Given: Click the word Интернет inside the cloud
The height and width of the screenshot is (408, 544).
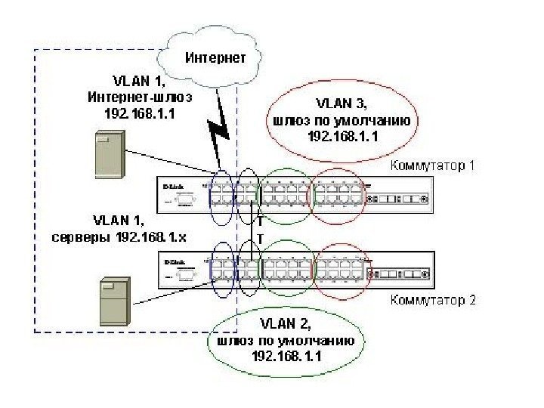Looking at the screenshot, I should [x=215, y=57].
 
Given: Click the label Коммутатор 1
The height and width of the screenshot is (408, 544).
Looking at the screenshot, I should [x=433, y=165].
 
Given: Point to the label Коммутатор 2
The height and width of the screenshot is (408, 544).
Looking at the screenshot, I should [x=433, y=300].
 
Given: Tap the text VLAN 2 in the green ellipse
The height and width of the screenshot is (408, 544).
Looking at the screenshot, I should [x=286, y=323].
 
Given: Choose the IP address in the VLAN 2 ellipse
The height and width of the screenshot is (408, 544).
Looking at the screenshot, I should [x=286, y=356].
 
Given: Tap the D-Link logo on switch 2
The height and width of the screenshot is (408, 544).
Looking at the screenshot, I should [x=175, y=260].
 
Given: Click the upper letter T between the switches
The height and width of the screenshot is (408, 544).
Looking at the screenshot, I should [x=260, y=222].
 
